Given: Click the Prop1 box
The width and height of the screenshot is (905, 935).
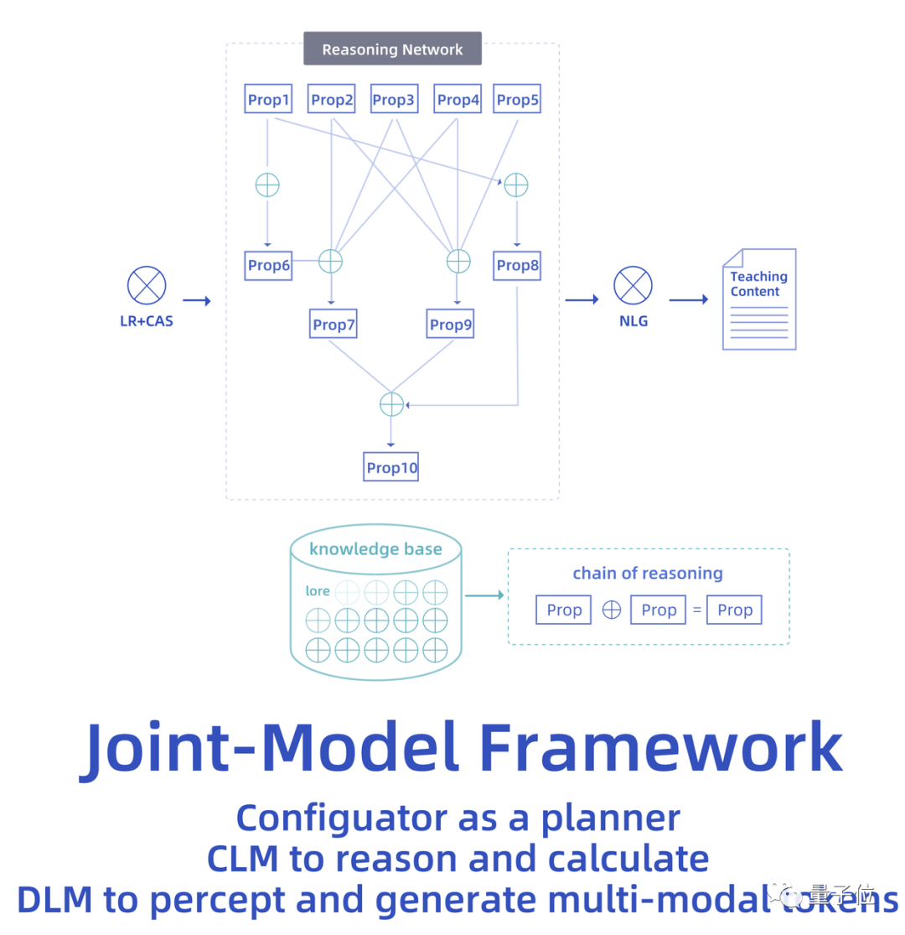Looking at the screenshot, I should [x=268, y=100].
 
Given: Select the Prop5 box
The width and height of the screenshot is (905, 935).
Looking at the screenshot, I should [x=517, y=100].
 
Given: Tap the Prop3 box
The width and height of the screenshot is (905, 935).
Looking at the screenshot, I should [x=394, y=100].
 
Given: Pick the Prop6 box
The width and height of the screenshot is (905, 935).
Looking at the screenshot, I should [x=268, y=266].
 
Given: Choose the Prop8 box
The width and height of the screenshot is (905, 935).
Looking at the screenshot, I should [x=517, y=266].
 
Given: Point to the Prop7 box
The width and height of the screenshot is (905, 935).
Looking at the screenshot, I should [x=333, y=325].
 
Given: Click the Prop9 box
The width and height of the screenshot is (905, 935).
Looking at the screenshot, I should [x=451, y=325].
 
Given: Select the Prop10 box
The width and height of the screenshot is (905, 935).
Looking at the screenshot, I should [x=391, y=467].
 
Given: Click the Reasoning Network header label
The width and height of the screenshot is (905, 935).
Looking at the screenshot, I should [x=392, y=49].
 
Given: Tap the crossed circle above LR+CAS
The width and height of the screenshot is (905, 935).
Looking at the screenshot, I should [x=147, y=285].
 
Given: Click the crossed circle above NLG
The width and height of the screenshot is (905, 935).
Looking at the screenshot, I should [x=633, y=285].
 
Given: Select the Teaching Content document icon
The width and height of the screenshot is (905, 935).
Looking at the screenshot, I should [x=759, y=299].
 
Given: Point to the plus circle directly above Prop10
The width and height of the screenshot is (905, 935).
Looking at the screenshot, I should [x=391, y=404].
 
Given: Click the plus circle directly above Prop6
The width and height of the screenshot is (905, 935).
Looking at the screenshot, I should [x=267, y=185].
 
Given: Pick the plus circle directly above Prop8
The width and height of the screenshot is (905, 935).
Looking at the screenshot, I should [x=516, y=184].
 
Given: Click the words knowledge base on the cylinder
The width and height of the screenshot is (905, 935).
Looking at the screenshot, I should [x=375, y=550].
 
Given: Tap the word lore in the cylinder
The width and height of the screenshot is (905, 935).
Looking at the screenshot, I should [x=318, y=591].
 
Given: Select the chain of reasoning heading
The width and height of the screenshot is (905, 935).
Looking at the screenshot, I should [x=647, y=574].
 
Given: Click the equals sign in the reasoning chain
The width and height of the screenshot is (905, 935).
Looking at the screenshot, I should [x=696, y=610].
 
